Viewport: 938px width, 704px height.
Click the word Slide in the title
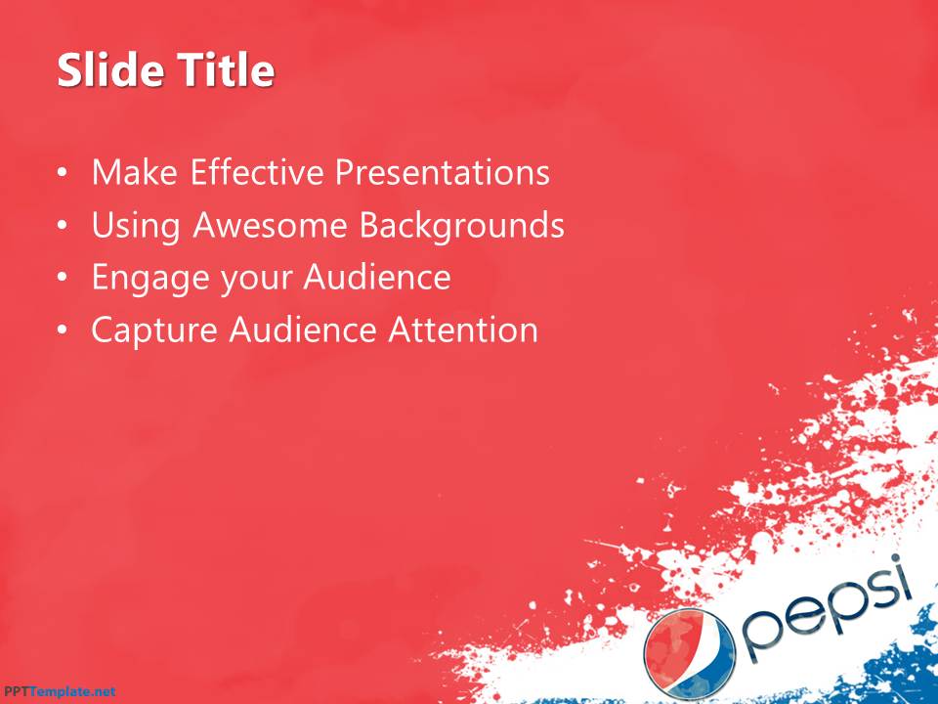(x=105, y=71)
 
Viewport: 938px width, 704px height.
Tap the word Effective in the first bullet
(x=258, y=173)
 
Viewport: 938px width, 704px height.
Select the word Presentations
(x=443, y=173)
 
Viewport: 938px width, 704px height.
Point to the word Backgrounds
(x=461, y=226)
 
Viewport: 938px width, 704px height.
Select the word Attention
(x=463, y=330)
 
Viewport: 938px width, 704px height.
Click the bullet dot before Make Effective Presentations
(x=63, y=174)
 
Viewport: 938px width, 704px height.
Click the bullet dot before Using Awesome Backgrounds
(x=63, y=227)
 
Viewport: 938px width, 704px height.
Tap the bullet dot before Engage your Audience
(x=63, y=279)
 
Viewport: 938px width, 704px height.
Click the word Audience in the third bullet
(x=376, y=279)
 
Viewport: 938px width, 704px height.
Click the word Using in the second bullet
(x=137, y=226)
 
